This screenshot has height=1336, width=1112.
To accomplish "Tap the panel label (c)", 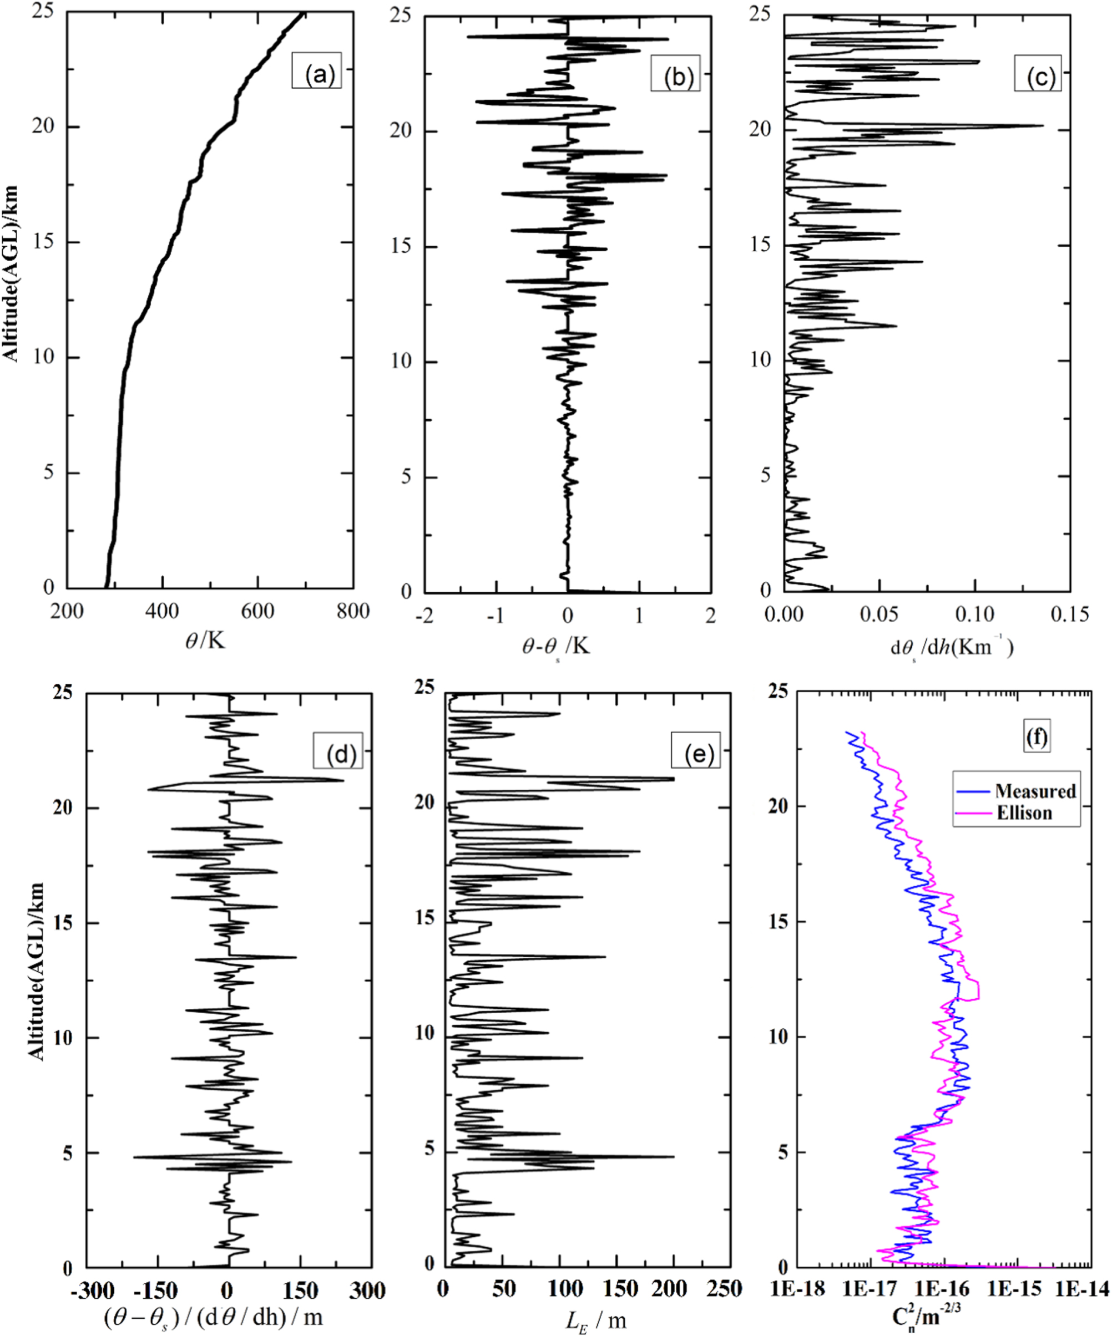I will (x=1039, y=77).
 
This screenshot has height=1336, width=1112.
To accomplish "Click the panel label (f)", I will (x=1037, y=736).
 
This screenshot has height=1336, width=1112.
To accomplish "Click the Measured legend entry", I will (x=1034, y=791).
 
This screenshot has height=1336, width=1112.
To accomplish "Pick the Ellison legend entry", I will (x=1024, y=812).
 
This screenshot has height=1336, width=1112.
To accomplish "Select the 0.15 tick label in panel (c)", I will (x=1069, y=614).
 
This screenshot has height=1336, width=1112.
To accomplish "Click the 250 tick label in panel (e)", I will (x=725, y=1289).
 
